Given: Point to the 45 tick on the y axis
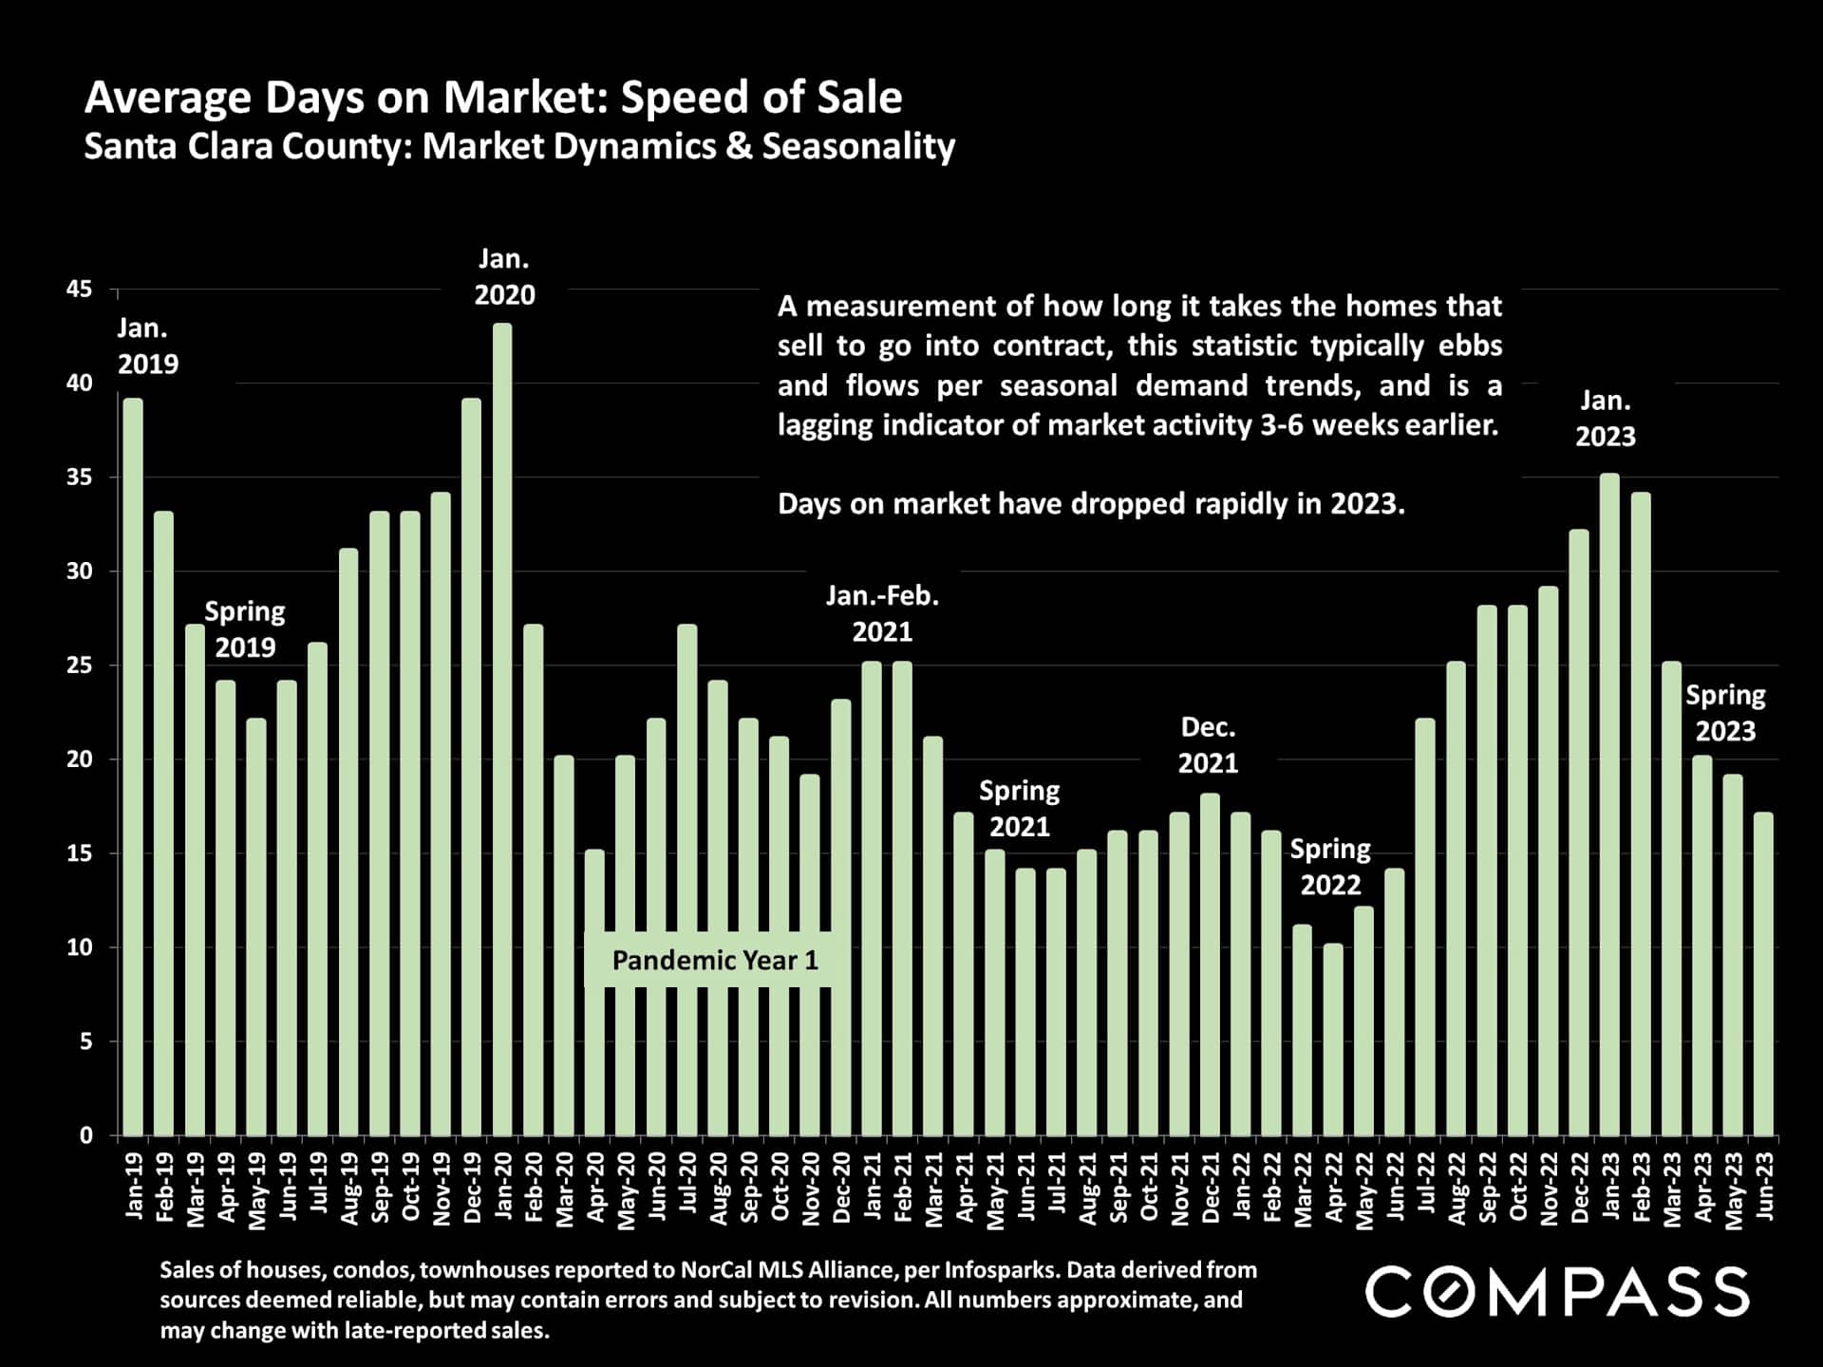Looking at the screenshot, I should pyautogui.click(x=80, y=290).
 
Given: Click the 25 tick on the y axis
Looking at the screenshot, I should pyautogui.click(x=80, y=665).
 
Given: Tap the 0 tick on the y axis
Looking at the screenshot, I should pyautogui.click(x=86, y=1135).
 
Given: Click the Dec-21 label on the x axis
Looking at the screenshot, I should pyautogui.click(x=1211, y=1188).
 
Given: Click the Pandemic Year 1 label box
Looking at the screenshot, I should pyautogui.click(x=715, y=961).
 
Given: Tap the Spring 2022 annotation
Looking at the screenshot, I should pyautogui.click(x=1330, y=867).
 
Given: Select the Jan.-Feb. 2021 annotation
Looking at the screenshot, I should pyautogui.click(x=882, y=613).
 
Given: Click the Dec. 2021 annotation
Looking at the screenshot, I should pyautogui.click(x=1208, y=745).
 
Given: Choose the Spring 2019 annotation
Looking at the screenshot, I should pyautogui.click(x=245, y=628).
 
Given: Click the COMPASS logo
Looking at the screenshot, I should pyautogui.click(x=1557, y=1292).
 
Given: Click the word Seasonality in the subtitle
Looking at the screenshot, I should pyautogui.click(x=858, y=146).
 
